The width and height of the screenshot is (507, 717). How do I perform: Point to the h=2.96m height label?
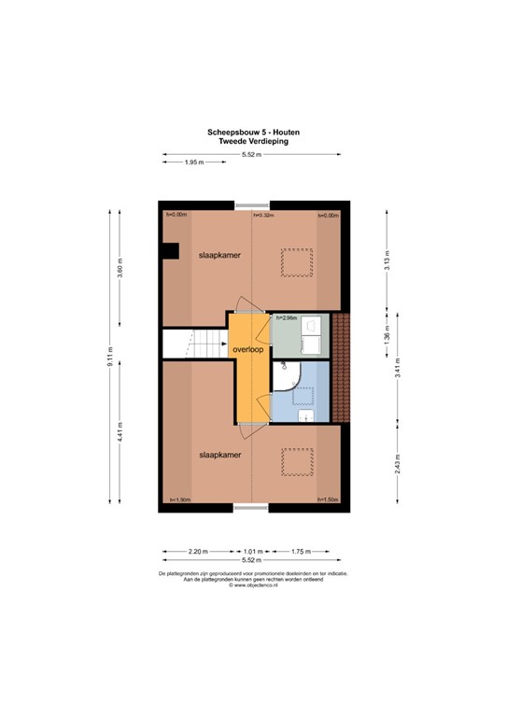pyautogui.click(x=287, y=318)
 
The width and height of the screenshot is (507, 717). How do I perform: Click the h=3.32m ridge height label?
pyautogui.click(x=263, y=216)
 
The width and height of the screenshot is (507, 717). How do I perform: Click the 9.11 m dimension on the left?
pyautogui.click(x=111, y=358)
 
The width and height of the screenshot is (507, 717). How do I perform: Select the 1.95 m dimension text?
pyautogui.click(x=194, y=162)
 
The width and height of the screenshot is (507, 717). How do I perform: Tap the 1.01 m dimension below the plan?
pyautogui.click(x=253, y=551)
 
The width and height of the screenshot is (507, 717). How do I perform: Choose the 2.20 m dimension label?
pyautogui.click(x=194, y=551)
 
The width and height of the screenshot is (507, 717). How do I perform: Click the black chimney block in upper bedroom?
pyautogui.click(x=170, y=250)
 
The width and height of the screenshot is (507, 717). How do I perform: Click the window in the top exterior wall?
pyautogui.click(x=253, y=204)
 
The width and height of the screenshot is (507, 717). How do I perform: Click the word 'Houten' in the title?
pyautogui.click(x=281, y=133)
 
